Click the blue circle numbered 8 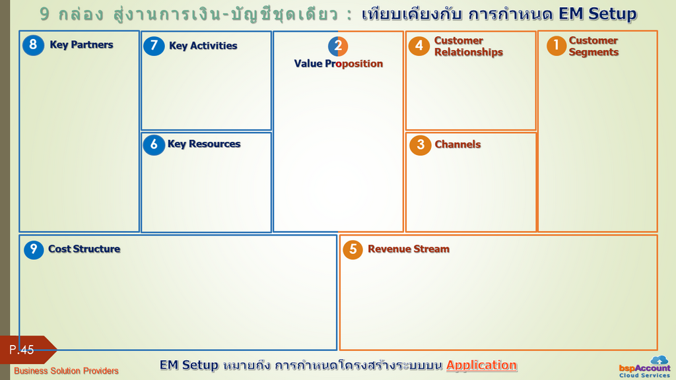(x=33, y=45)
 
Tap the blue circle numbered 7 (x=154, y=46)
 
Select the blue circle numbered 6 (x=154, y=144)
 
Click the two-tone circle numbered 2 (x=338, y=46)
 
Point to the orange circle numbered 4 (x=419, y=46)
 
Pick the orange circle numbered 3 (x=421, y=144)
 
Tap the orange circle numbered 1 (x=556, y=46)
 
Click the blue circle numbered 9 (x=34, y=249)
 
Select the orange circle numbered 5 (x=353, y=249)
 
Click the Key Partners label (x=81, y=45)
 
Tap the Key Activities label (x=203, y=46)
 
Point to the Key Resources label (x=204, y=144)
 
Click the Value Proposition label (x=339, y=64)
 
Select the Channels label (x=457, y=144)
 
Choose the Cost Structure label (x=84, y=249)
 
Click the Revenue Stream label (x=409, y=249)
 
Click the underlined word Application (x=481, y=365)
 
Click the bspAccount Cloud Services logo (x=644, y=367)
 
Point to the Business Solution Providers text (x=66, y=371)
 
